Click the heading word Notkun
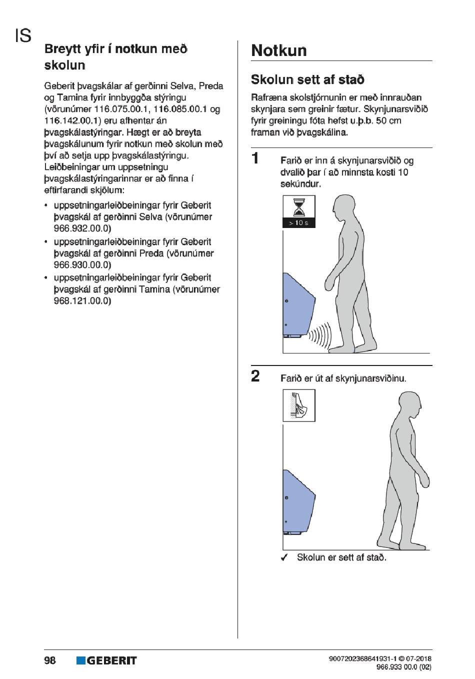click(279, 50)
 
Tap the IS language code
click(23, 35)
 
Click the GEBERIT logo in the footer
click(106, 660)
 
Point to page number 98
click(50, 660)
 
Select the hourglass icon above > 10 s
click(299, 206)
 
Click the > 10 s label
click(299, 223)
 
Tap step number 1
click(255, 158)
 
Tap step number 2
click(255, 376)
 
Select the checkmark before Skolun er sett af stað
click(284, 557)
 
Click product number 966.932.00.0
click(82, 228)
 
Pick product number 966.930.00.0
click(82, 264)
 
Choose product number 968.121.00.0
click(82, 300)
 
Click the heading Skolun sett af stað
click(307, 79)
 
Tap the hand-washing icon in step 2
click(299, 405)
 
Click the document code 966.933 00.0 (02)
click(403, 666)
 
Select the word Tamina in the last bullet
click(154, 289)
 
